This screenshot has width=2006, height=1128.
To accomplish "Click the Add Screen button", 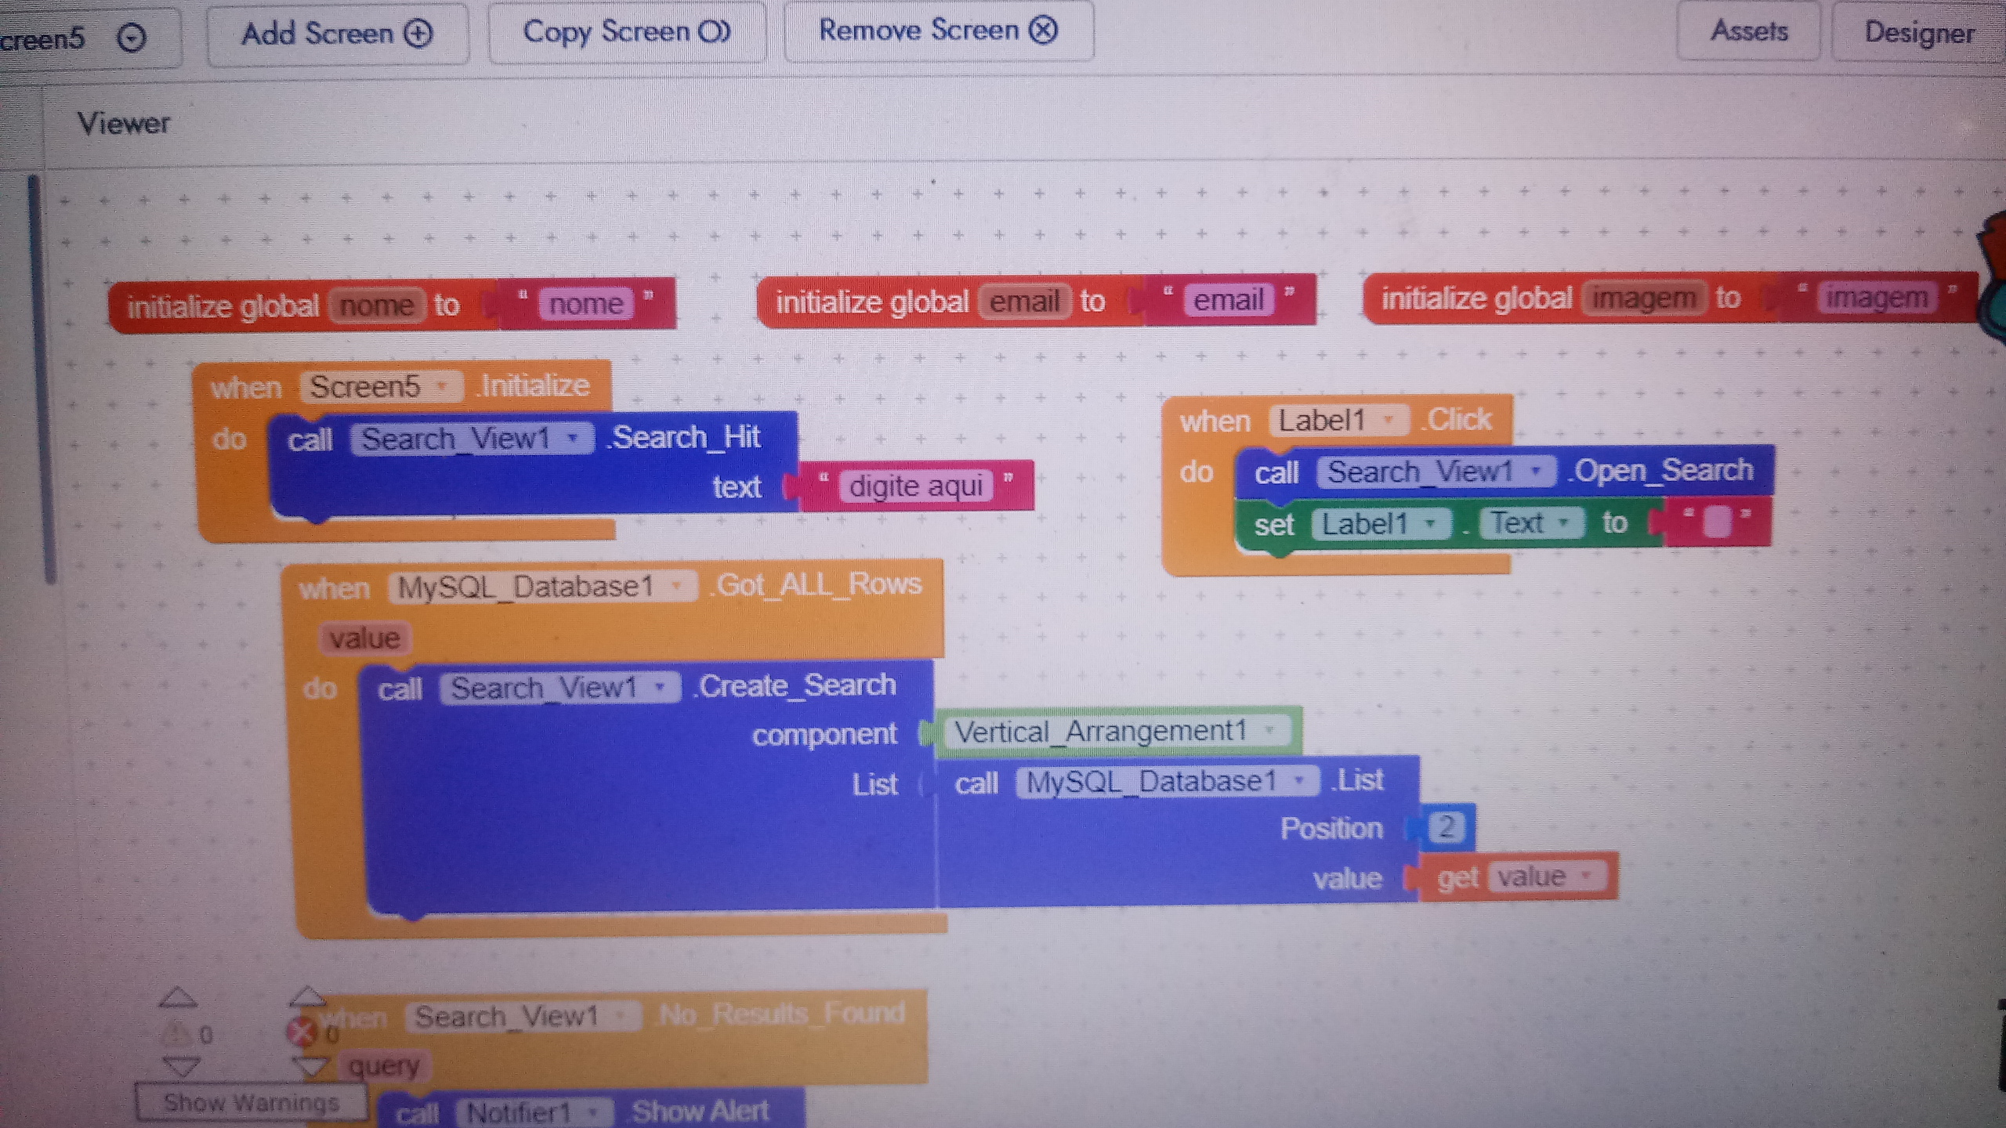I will (x=337, y=34).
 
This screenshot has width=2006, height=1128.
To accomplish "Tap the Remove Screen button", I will (x=938, y=31).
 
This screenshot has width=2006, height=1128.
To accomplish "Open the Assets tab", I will (x=1748, y=31).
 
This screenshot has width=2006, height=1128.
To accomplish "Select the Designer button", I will (x=1918, y=33).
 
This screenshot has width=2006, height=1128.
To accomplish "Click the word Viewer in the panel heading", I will (x=124, y=124).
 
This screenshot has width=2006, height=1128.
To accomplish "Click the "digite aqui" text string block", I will (x=915, y=486).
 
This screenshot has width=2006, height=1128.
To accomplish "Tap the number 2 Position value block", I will (x=1446, y=826).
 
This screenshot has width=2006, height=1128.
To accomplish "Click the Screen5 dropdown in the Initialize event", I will (x=380, y=387).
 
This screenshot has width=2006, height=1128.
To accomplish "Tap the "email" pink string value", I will (x=1228, y=300).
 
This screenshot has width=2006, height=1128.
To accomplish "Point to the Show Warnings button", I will (x=251, y=1103).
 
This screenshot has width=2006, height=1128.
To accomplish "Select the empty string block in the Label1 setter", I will (x=1716, y=522).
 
